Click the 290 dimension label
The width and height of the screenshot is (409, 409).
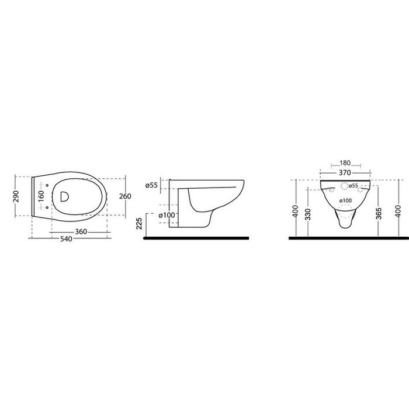pyautogui.click(x=16, y=196)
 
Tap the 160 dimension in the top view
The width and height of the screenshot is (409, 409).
pyautogui.click(x=41, y=196)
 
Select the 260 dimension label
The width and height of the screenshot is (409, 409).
pyautogui.click(x=125, y=196)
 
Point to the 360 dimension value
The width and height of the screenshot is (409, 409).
pyautogui.click(x=81, y=231)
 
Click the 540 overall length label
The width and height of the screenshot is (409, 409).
pyautogui.click(x=66, y=239)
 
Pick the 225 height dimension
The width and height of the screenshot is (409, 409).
pyautogui.click(x=139, y=224)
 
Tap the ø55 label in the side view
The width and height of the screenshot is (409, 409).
pyautogui.click(x=152, y=185)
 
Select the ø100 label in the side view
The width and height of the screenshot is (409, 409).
pyautogui.click(x=167, y=216)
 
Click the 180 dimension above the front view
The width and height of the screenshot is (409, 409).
pyautogui.click(x=345, y=163)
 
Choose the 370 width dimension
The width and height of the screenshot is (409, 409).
pyautogui.click(x=345, y=173)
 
